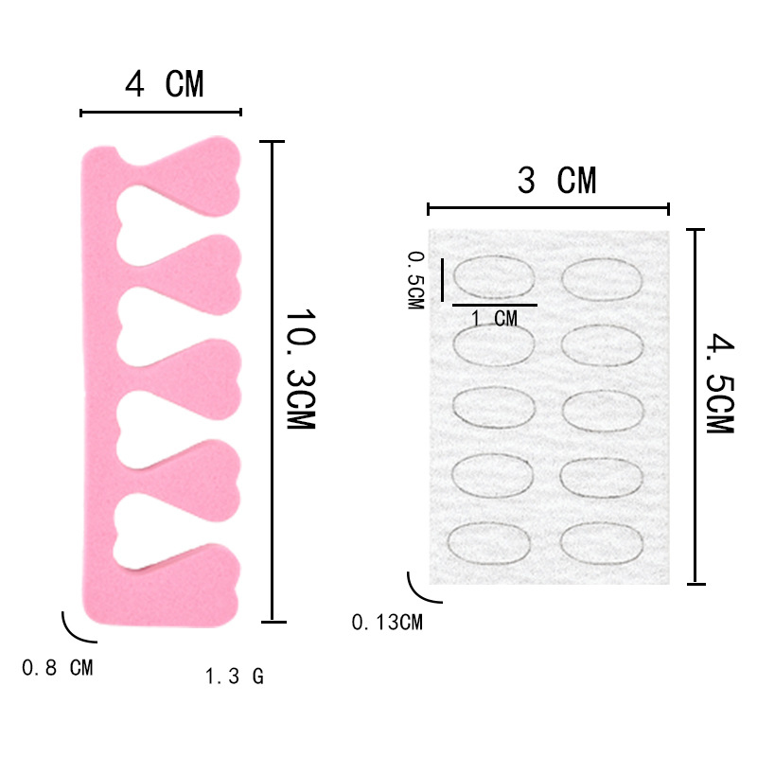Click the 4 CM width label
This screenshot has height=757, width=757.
(x=164, y=84)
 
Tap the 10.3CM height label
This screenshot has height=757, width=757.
(x=301, y=369)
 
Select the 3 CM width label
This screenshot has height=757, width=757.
(x=556, y=180)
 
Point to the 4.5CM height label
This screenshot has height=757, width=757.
(x=720, y=382)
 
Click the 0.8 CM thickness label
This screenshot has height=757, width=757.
(x=58, y=668)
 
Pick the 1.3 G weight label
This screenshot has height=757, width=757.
(x=235, y=676)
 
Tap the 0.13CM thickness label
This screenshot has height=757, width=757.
(x=387, y=623)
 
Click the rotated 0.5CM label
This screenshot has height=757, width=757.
(x=416, y=280)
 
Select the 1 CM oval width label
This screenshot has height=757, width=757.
(x=494, y=319)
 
